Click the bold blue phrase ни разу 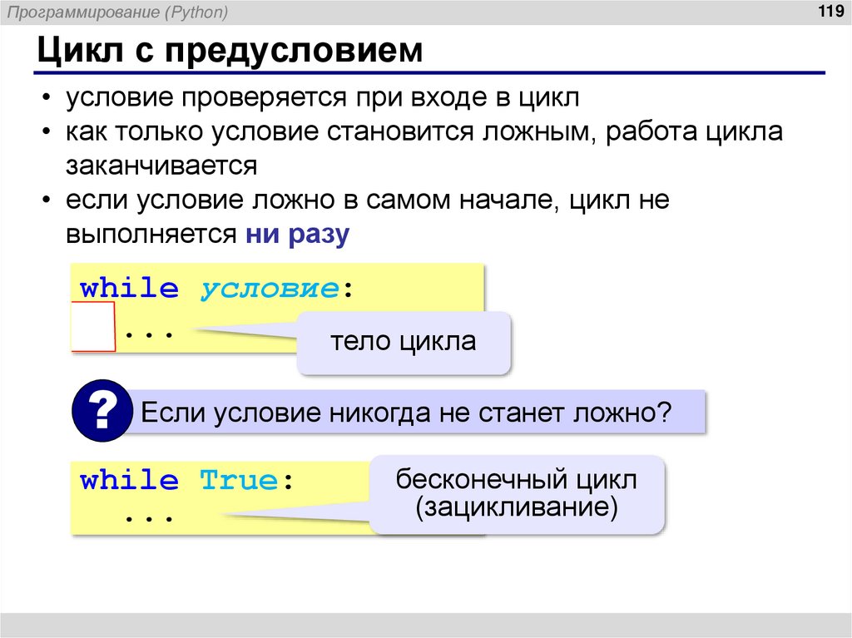pos(297,235)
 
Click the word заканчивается pos(161,166)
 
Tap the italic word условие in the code pos(270,289)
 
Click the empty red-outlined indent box pos(92,327)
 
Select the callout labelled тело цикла pos(404,342)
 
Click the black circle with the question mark pos(102,410)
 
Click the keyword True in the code pos(240,481)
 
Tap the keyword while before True pos(129,481)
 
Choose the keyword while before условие pos(129,289)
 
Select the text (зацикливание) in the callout pos(517,507)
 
